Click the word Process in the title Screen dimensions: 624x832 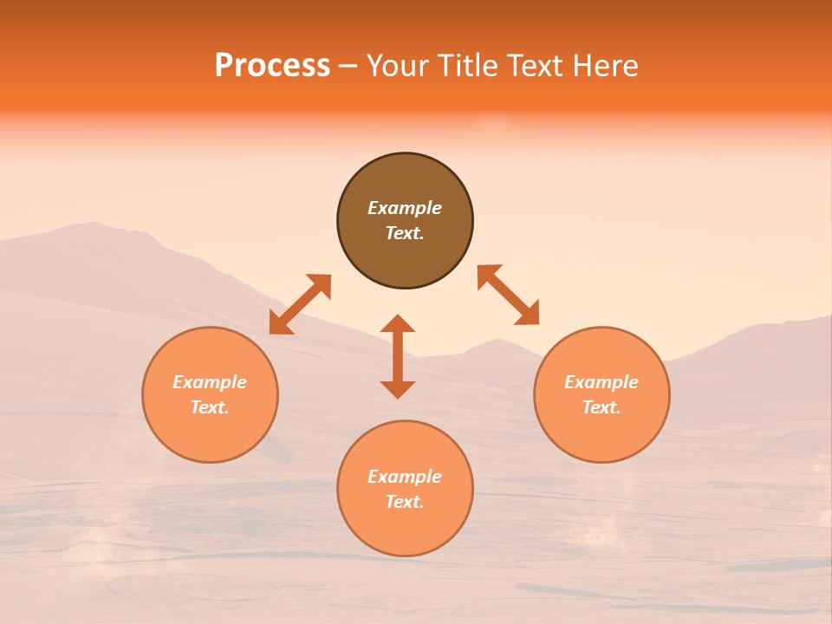(x=272, y=66)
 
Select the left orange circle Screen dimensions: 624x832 (x=210, y=433)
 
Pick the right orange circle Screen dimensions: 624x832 (x=601, y=433)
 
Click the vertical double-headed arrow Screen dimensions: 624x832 (x=398, y=356)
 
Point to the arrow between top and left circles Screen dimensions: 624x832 (x=300, y=303)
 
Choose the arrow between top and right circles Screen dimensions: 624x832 (x=508, y=295)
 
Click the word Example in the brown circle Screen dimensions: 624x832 (x=405, y=208)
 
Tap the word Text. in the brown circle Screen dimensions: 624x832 (x=405, y=233)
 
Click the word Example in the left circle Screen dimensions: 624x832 (x=210, y=382)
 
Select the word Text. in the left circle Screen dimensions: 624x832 (x=210, y=407)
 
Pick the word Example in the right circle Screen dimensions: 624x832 (x=601, y=382)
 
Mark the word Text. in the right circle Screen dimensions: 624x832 (x=601, y=407)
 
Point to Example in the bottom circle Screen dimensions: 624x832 (x=405, y=477)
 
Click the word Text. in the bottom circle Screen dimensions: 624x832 (x=405, y=502)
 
